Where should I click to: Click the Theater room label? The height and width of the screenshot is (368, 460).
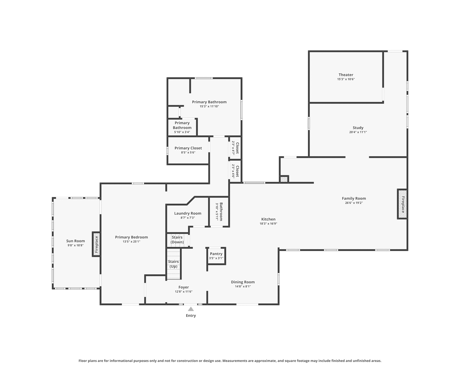click(346, 75)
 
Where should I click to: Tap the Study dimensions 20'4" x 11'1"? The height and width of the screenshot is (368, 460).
click(358, 132)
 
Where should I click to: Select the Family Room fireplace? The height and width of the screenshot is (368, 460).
click(402, 204)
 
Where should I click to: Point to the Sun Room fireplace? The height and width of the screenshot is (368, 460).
click(96, 244)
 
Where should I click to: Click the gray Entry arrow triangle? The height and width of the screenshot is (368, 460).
click(191, 309)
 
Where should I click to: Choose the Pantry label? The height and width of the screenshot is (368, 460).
click(216, 254)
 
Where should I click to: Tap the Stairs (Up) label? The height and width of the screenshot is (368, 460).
click(173, 264)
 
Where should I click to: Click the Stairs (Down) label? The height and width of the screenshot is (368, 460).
click(177, 240)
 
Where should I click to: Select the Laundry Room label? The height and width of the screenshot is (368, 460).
click(187, 213)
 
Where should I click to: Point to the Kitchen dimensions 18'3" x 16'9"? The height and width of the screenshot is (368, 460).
click(268, 224)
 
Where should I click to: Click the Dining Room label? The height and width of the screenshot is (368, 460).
click(243, 282)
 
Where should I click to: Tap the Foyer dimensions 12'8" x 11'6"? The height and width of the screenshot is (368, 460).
click(184, 292)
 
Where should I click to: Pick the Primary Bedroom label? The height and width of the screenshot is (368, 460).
click(131, 237)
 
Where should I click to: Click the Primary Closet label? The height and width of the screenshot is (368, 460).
click(188, 148)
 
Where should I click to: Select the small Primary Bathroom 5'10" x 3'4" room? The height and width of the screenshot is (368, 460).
click(182, 128)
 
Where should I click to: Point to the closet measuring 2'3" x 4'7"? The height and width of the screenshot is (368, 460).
click(235, 148)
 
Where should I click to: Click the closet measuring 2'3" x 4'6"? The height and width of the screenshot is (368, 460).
click(235, 171)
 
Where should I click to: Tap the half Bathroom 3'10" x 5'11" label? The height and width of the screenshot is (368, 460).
click(219, 212)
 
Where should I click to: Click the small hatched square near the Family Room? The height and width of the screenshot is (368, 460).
click(284, 179)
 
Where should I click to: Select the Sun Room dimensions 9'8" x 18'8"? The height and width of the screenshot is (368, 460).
click(75, 245)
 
